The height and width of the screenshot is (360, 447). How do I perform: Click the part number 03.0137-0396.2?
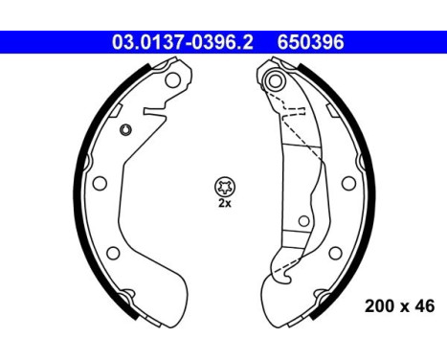pos(181,42)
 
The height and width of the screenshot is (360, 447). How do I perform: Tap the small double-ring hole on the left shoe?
pos(125,130)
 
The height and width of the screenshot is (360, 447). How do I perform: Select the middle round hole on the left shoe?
pos(99,184)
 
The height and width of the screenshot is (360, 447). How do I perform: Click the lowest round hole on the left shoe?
pos(113,253)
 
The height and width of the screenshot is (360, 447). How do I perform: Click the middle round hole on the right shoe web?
pos(346,183)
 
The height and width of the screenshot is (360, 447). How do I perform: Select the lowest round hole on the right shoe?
pos(332,253)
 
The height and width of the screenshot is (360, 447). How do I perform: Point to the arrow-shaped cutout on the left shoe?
pos(152,113)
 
